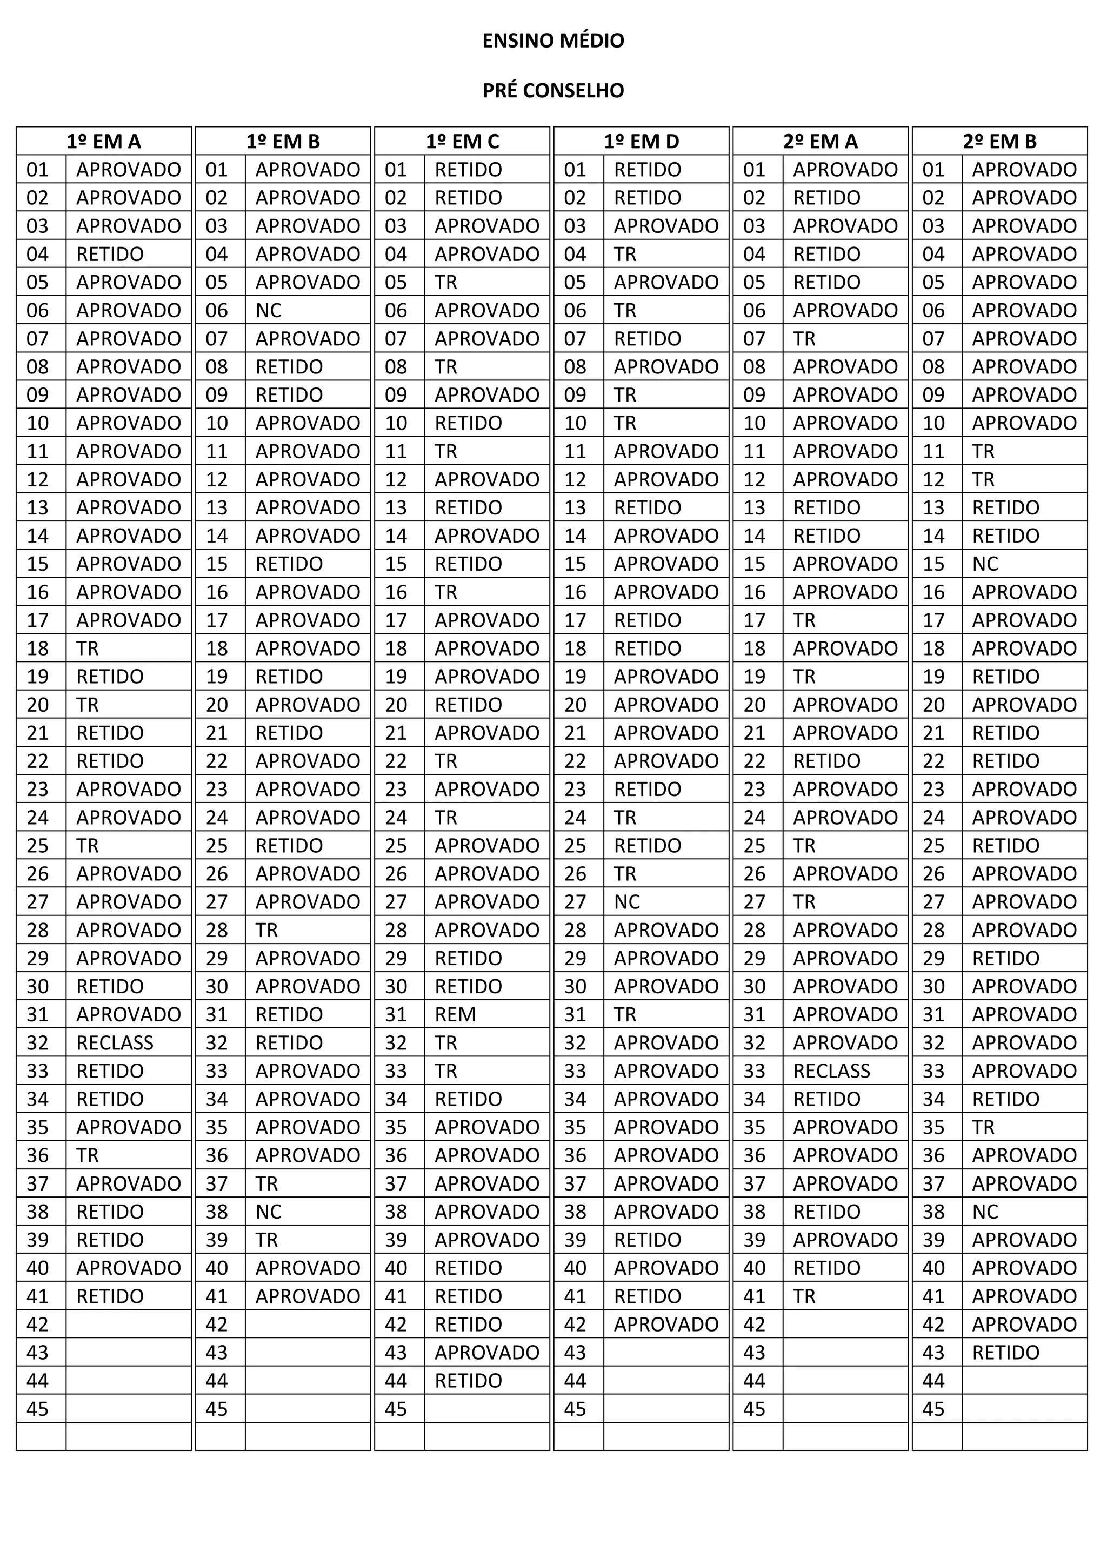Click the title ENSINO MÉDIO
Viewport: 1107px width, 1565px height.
[x=553, y=41]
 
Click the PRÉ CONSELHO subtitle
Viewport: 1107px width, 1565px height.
[x=553, y=91]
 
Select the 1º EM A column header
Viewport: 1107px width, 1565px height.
[x=104, y=141]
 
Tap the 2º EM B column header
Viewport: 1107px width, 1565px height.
[x=999, y=141]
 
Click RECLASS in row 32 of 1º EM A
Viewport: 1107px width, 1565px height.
[x=115, y=1043]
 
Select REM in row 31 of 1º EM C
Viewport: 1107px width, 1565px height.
[x=455, y=1015]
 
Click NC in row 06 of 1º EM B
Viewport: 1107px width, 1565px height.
[x=269, y=311]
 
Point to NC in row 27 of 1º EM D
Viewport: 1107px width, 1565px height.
[x=626, y=902]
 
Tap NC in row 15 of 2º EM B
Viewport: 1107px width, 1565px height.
[x=985, y=564]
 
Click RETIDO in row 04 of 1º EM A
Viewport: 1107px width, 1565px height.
[x=110, y=254]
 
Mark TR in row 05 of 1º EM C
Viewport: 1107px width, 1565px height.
[x=446, y=282]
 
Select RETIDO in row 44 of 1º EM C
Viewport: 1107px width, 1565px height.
[x=468, y=1381]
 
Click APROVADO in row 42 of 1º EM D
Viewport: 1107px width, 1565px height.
[x=666, y=1325]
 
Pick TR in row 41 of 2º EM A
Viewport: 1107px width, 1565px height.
[x=804, y=1296]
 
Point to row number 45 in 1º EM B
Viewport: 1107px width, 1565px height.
[x=217, y=1409]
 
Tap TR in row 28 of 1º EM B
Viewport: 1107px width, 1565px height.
[x=266, y=931]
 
